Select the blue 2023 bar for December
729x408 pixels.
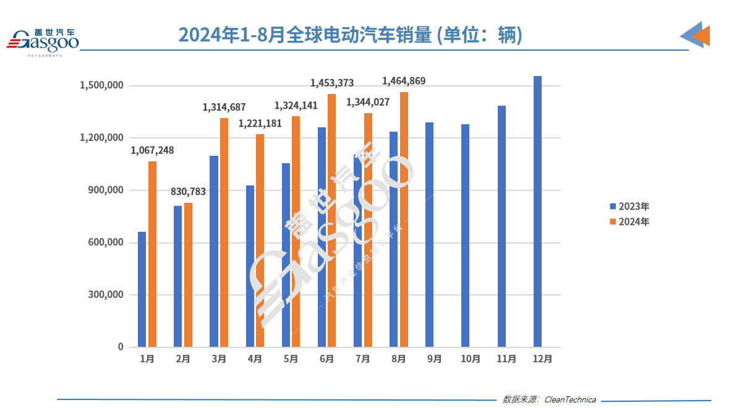pos(537,211)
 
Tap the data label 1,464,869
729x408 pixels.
pos(404,81)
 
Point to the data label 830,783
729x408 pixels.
pos(188,192)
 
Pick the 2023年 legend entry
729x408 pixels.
pos(629,206)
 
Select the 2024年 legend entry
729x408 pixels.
pos(629,222)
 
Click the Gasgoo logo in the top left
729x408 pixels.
pos(43,40)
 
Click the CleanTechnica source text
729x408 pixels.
pos(569,399)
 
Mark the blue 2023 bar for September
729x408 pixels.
pos(429,235)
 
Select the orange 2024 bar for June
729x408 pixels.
pos(332,220)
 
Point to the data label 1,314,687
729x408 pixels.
pos(224,108)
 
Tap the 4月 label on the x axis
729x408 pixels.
pos(254,359)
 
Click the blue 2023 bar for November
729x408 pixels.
pos(501,226)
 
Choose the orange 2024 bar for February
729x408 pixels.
pos(188,274)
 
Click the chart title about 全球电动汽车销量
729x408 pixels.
pos(350,35)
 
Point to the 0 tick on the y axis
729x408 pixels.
pos(121,347)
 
